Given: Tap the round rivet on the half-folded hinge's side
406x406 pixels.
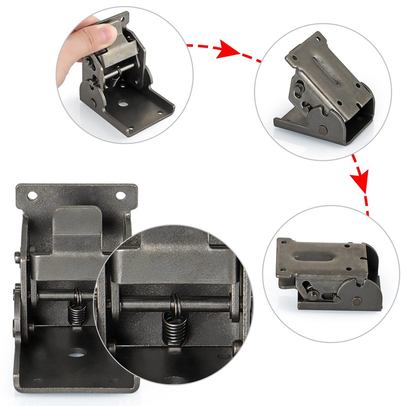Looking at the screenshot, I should (324, 130).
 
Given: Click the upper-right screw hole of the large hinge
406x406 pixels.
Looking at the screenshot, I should (121, 195).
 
